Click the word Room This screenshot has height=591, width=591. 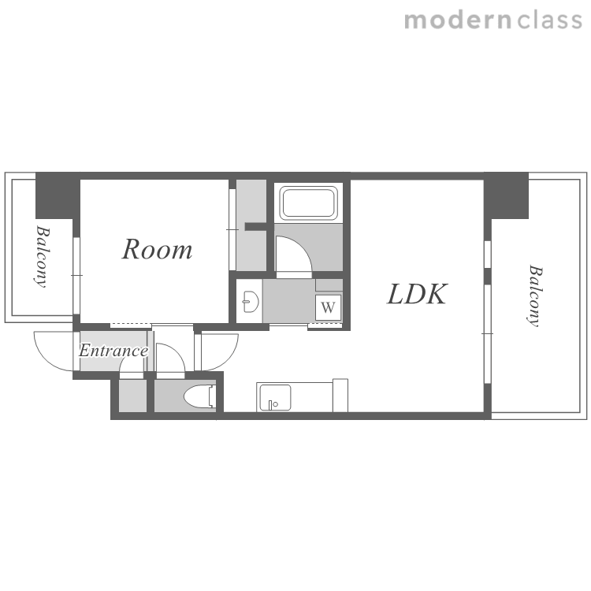[157, 250]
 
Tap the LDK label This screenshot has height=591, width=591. [417, 294]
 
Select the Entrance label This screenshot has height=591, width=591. [113, 351]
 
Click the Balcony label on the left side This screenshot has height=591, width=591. [42, 256]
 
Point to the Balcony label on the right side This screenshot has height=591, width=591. [534, 295]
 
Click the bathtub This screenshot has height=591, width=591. [308, 203]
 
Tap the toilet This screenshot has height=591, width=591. [200, 396]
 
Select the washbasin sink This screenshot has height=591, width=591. [251, 302]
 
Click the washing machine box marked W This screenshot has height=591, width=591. [328, 307]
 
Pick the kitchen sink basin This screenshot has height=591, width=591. [275, 398]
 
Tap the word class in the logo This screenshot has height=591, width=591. [549, 20]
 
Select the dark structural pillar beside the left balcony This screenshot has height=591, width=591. [58, 195]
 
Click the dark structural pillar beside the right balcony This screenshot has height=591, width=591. [506, 195]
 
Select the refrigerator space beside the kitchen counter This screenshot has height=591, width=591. [340, 396]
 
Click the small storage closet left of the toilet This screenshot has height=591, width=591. [132, 396]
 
